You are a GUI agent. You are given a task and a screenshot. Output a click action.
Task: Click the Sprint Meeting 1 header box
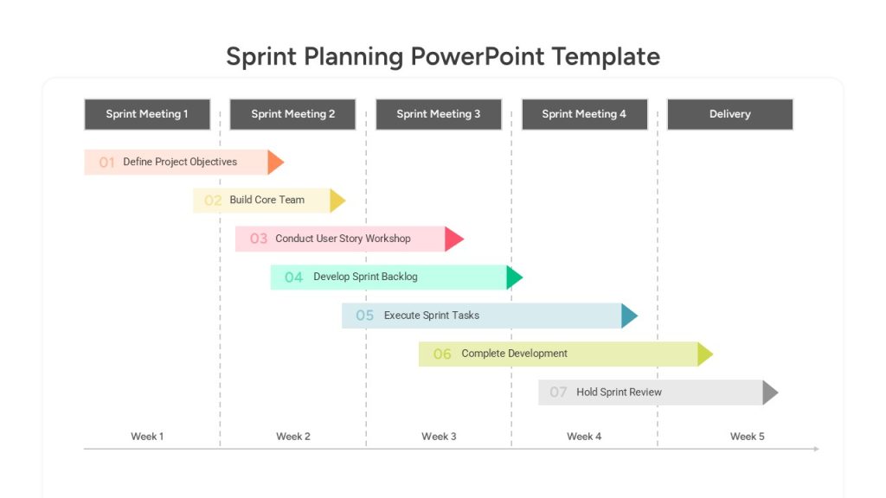(147, 114)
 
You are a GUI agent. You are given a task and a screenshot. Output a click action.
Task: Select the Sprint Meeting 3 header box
(439, 114)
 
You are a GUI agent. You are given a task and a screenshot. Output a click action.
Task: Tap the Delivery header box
(730, 114)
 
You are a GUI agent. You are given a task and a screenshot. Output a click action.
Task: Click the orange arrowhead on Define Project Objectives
(276, 162)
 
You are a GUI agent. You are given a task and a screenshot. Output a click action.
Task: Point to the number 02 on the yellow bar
(213, 201)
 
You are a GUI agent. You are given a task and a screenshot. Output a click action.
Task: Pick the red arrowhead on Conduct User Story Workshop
(453, 239)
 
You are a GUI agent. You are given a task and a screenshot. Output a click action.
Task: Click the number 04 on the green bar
(294, 278)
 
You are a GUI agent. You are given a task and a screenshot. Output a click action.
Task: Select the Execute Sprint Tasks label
(432, 315)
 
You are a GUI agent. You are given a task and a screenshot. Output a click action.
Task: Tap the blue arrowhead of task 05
(630, 316)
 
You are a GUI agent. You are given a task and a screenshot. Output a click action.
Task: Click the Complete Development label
(514, 354)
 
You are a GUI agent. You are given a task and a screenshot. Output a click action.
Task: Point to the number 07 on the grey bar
(558, 393)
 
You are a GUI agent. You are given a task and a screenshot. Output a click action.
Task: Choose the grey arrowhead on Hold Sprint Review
(770, 393)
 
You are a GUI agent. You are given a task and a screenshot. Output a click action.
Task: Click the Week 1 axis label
(147, 437)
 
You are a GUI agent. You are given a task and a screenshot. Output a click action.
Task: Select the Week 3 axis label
(439, 437)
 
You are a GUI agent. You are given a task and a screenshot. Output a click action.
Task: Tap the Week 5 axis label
(747, 437)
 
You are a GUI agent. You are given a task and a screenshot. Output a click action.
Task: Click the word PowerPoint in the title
(478, 56)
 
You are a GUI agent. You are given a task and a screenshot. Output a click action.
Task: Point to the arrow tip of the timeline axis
(819, 449)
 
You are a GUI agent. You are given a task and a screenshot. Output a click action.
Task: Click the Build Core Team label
(266, 200)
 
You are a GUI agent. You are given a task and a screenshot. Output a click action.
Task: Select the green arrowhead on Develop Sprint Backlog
(515, 278)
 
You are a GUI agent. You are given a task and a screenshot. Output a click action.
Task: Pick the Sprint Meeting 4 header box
(584, 114)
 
